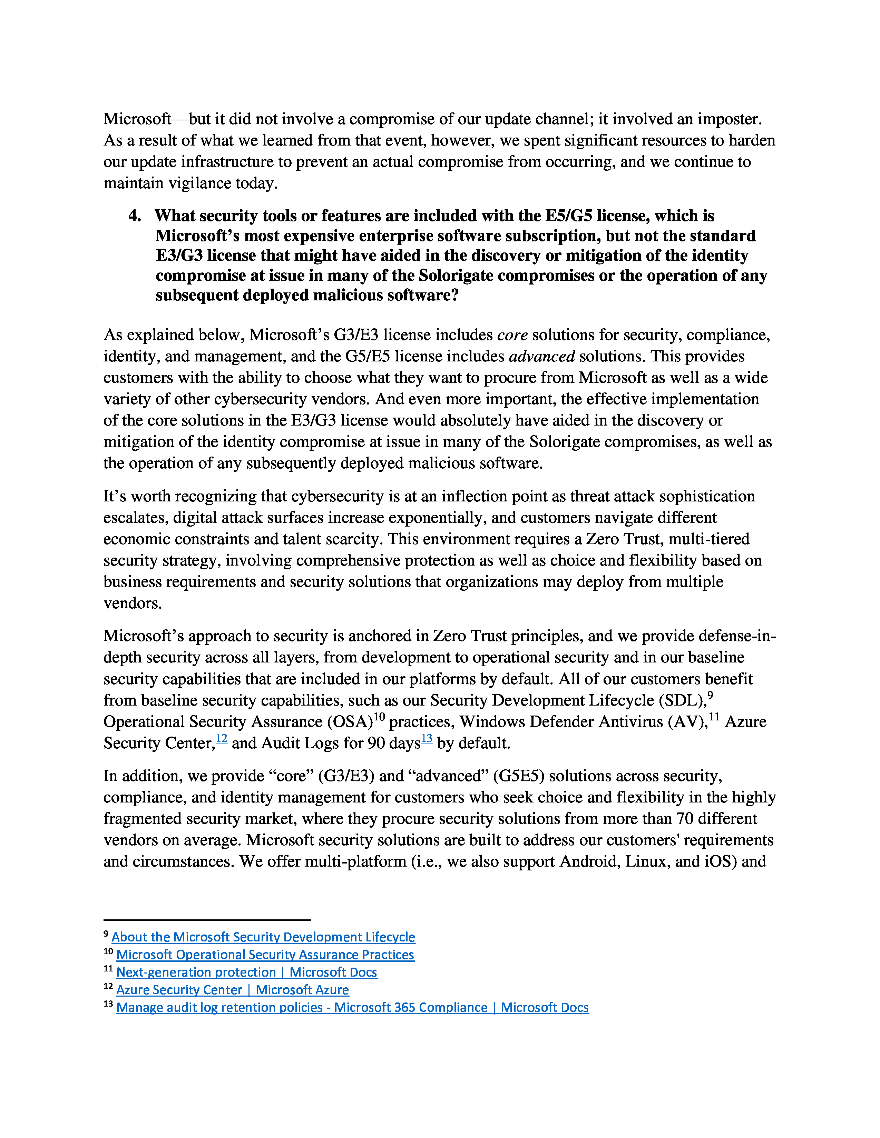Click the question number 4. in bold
pyautogui.click(x=135, y=216)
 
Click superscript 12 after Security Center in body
pyautogui.click(x=222, y=738)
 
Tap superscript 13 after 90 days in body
pyautogui.click(x=427, y=738)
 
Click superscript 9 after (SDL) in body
pyautogui.click(x=710, y=696)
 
